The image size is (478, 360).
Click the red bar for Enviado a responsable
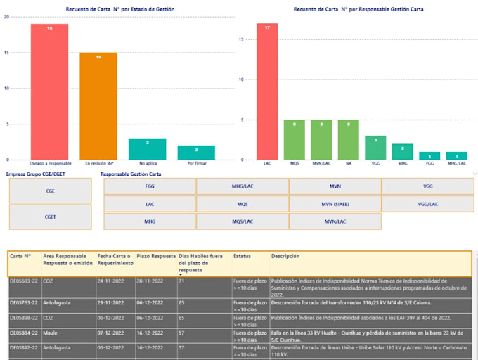click(49, 91)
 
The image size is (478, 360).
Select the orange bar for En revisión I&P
click(98, 105)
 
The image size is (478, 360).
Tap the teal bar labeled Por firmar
click(196, 153)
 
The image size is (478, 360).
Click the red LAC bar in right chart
click(267, 91)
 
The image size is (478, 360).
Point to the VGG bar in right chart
click(375, 148)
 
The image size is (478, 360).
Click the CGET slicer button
click(51, 217)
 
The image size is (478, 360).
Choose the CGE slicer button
click(51, 191)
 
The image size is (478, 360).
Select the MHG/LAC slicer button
click(242, 187)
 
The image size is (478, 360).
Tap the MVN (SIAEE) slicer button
click(335, 204)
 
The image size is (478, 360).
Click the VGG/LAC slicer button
click(427, 204)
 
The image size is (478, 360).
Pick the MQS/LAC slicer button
click(242, 221)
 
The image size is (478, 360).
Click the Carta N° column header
click(20, 257)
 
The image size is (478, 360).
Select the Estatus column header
click(242, 257)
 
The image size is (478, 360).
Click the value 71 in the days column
click(181, 281)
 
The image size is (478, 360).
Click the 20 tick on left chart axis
click(6, 16)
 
